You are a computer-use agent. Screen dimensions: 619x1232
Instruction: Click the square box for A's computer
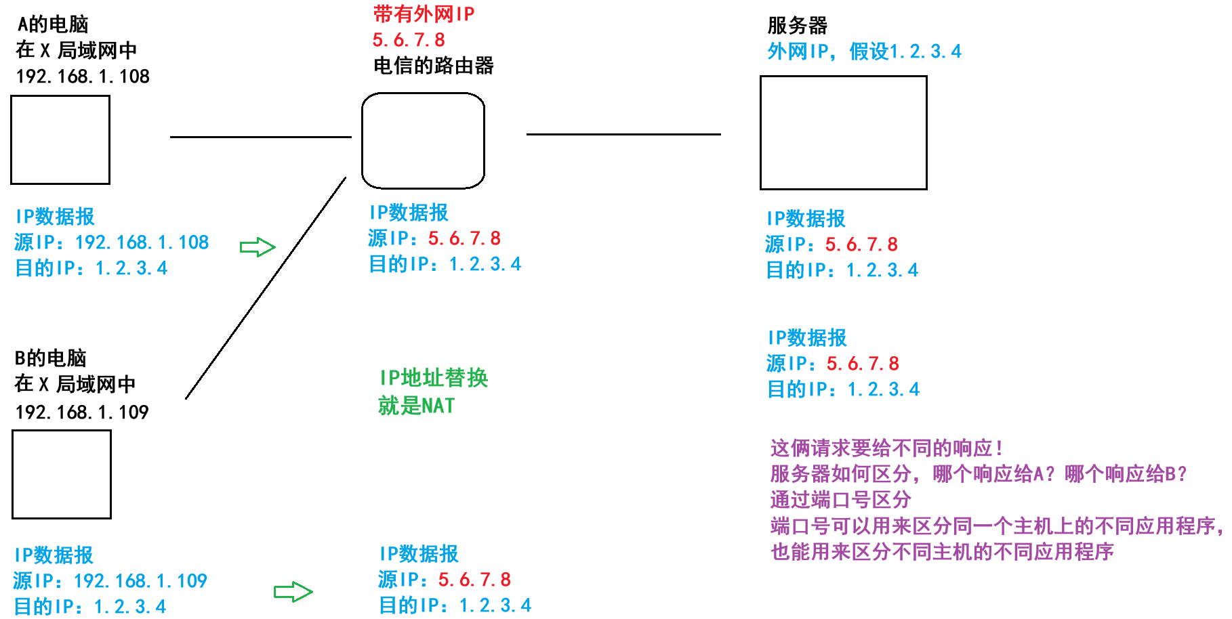60,140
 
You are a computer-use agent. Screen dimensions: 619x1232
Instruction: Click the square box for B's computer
62,474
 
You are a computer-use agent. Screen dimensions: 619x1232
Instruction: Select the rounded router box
423,140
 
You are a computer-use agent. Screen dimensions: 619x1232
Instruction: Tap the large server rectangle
843,133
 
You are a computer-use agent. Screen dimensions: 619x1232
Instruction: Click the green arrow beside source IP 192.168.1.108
258,247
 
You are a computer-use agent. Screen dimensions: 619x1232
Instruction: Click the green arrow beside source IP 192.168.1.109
293,592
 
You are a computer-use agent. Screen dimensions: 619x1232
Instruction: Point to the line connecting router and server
623,134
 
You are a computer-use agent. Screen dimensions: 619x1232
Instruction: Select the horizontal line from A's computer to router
261,137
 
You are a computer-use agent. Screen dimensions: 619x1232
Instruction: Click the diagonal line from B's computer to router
266,288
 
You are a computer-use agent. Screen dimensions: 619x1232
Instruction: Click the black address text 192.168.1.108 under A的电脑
83,77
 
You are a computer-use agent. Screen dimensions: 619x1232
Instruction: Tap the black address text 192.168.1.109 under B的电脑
81,412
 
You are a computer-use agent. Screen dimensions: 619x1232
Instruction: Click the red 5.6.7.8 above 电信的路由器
409,40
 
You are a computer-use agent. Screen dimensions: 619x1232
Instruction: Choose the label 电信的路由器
434,66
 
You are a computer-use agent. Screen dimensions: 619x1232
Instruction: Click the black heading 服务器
797,26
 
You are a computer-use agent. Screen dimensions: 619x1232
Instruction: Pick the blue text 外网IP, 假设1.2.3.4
864,51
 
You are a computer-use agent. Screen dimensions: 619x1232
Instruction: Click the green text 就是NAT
417,406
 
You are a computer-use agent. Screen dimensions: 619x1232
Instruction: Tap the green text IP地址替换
434,378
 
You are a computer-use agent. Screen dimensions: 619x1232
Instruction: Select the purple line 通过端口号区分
840,500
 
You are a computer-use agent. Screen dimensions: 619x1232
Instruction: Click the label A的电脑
53,24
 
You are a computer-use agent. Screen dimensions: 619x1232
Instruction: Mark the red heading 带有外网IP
424,14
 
